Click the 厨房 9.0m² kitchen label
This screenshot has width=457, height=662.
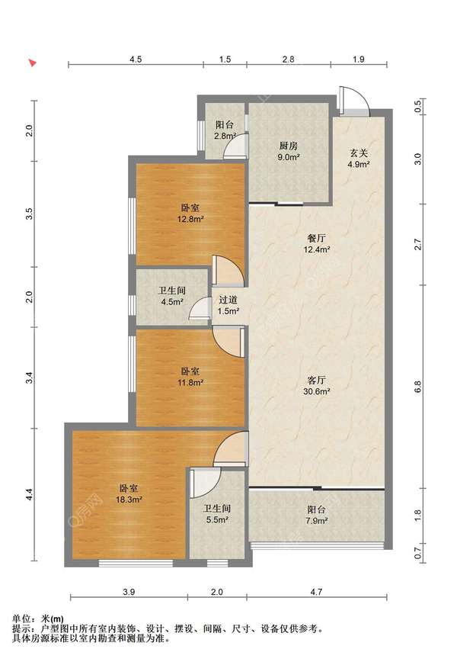pyautogui.click(x=289, y=152)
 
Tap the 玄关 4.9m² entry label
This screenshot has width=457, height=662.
pyautogui.click(x=359, y=159)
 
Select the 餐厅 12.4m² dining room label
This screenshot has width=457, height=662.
pyautogui.click(x=317, y=243)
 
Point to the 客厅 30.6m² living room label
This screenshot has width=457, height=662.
pyautogui.click(x=317, y=385)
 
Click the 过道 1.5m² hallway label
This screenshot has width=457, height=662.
pyautogui.click(x=228, y=306)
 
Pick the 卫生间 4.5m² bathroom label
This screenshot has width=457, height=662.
pyautogui.click(x=171, y=297)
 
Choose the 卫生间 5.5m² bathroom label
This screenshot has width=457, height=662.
pyautogui.click(x=217, y=514)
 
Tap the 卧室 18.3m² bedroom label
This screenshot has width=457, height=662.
pyautogui.click(x=129, y=493)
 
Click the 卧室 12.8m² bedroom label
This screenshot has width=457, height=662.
pyautogui.click(x=190, y=214)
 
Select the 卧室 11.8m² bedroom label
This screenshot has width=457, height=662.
pyautogui.click(x=190, y=377)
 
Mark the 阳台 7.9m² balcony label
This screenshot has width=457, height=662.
pyautogui.click(x=317, y=515)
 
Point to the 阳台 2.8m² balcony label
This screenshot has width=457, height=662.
pyautogui.click(x=225, y=130)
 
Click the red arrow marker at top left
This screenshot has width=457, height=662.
pyautogui.click(x=32, y=63)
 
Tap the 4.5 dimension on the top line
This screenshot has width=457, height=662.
pyautogui.click(x=136, y=59)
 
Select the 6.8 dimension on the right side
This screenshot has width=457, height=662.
pyautogui.click(x=418, y=387)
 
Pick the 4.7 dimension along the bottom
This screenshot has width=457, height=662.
pyautogui.click(x=316, y=592)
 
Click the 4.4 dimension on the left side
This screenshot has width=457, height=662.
pyautogui.click(x=29, y=494)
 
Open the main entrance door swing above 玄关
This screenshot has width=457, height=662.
pyautogui.click(x=355, y=101)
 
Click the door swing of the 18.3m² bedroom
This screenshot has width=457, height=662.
pyautogui.click(x=231, y=448)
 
